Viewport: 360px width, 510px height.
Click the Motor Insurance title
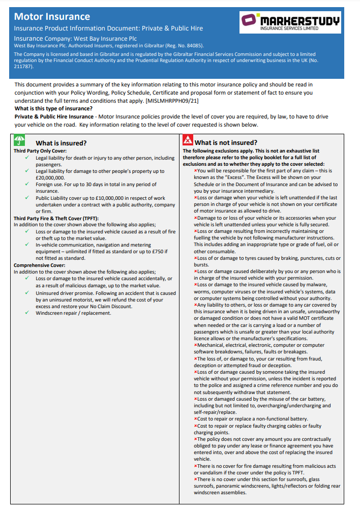pos(52,17)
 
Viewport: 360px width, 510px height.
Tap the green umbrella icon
pos(19,141)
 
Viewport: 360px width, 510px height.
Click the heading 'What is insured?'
pos(61,143)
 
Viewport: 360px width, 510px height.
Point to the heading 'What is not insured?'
pos(226,143)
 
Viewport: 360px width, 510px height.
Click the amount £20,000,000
pos(50,178)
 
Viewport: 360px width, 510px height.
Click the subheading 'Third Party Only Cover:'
pos(40,151)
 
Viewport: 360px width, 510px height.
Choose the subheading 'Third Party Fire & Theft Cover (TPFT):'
pos(56,218)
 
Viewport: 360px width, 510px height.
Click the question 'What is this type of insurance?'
pos(53,109)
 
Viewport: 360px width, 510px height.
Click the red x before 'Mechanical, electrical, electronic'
pos(195,345)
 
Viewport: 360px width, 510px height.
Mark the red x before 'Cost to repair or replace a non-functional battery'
pos(195,419)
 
